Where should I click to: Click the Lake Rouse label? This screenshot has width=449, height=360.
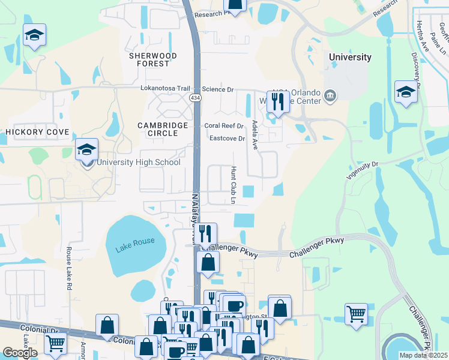coord(130,241)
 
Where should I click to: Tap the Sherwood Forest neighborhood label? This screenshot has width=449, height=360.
coord(153,59)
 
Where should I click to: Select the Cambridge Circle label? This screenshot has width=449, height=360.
coord(163,129)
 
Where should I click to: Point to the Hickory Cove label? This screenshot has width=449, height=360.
coord(38,132)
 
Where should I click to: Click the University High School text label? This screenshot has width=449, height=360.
coord(138,162)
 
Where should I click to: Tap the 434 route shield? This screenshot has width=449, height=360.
coord(195,97)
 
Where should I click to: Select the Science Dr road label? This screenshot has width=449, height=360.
coord(217,89)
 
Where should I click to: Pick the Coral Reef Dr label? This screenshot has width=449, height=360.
coord(224,126)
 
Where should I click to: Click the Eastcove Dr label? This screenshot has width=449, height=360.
coord(228,139)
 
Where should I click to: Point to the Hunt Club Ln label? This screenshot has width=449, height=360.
coord(233,185)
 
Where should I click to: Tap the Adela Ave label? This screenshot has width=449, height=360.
coord(255,134)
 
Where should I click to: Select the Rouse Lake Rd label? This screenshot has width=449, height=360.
coord(69,269)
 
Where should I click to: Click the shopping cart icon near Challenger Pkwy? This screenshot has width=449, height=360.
coord(356,313)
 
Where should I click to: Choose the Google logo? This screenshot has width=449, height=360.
coord(20,353)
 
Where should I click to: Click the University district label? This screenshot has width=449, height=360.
coord(350,58)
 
